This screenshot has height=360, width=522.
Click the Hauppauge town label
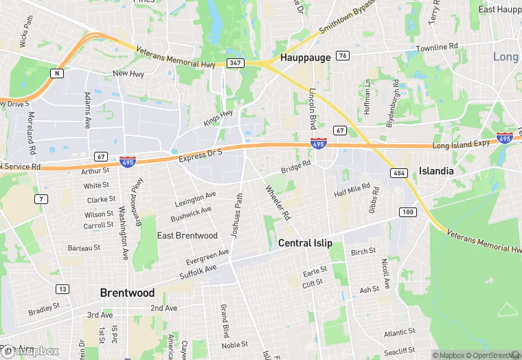(306, 58)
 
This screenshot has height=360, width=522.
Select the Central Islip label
(305, 243)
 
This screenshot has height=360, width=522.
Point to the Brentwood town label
(127, 293)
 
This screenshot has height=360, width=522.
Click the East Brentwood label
(188, 236)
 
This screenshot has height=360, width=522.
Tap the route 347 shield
(236, 63)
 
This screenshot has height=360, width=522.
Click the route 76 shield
(343, 55)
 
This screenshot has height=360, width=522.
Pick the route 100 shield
(408, 212)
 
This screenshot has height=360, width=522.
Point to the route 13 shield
(63, 289)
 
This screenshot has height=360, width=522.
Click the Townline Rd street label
(437, 48)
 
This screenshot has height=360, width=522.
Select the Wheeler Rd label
(278, 203)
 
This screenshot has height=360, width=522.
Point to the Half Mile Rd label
(352, 190)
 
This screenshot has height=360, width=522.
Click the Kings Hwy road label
(218, 118)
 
